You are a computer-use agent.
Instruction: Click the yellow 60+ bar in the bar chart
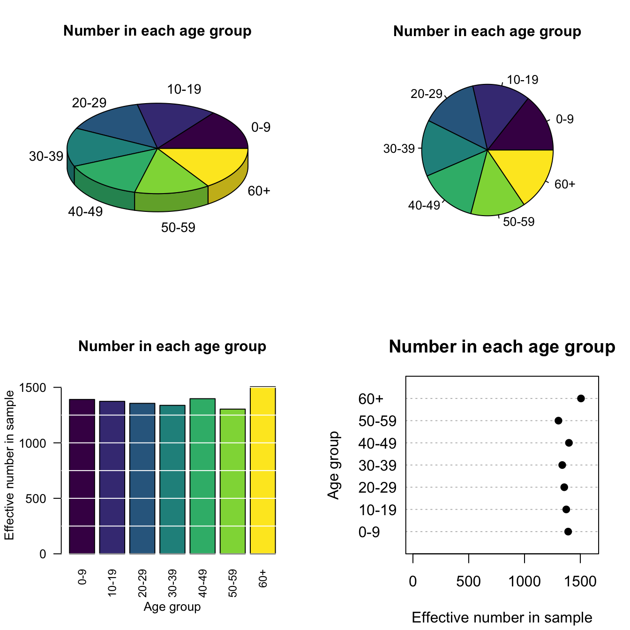click(x=263, y=470)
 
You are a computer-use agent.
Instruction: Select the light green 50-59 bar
click(x=232, y=481)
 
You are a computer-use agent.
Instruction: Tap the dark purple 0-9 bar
click(x=82, y=476)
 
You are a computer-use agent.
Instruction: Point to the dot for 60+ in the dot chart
click(x=581, y=398)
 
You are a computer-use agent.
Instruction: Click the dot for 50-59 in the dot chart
click(x=558, y=420)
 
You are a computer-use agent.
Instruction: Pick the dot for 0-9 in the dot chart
click(x=568, y=532)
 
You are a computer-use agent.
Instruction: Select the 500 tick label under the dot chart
click(x=468, y=582)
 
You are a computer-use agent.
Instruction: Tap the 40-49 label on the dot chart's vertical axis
click(x=377, y=443)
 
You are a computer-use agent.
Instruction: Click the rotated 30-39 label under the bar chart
click(x=172, y=583)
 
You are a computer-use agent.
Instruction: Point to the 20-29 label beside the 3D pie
click(x=89, y=103)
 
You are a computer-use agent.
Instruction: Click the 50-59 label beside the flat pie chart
click(x=518, y=222)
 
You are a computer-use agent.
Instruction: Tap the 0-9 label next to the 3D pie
click(x=261, y=127)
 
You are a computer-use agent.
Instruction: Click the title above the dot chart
click(x=502, y=347)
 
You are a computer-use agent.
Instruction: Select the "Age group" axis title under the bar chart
click(x=172, y=607)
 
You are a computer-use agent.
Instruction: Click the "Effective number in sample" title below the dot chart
click(x=502, y=618)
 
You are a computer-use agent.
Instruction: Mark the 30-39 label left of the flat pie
click(x=399, y=149)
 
